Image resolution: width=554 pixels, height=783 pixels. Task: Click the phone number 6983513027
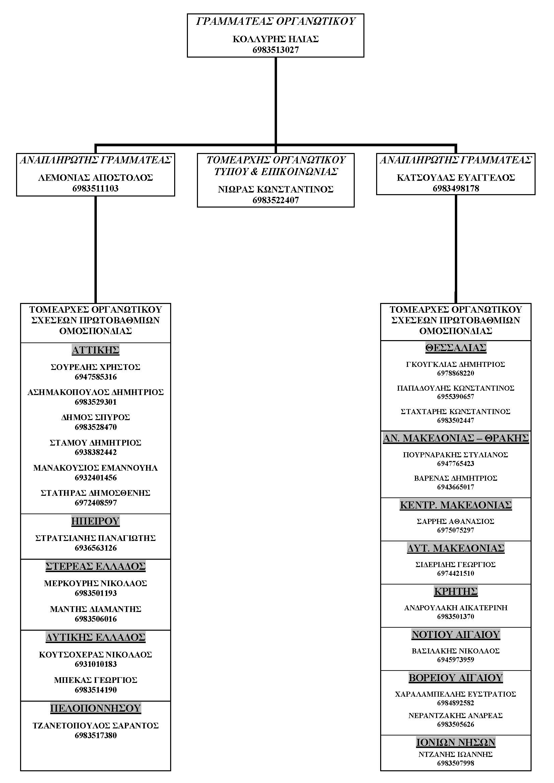click(276, 50)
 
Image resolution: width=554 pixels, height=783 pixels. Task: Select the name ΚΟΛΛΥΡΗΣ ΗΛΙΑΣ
click(276, 39)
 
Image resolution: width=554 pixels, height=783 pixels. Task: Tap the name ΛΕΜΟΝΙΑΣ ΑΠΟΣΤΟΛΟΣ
click(95, 178)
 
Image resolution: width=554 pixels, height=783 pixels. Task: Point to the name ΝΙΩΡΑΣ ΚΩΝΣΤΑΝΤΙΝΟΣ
click(276, 189)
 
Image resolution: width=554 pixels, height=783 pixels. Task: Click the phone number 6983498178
click(456, 188)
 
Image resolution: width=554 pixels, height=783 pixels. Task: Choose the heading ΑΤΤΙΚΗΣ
click(95, 350)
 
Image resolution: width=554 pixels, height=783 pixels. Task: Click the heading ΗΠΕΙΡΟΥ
click(95, 521)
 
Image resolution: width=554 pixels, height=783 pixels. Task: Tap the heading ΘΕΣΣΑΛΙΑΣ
click(456, 348)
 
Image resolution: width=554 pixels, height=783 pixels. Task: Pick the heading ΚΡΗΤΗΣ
click(456, 591)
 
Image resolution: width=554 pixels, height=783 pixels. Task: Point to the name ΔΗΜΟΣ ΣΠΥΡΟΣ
click(95, 417)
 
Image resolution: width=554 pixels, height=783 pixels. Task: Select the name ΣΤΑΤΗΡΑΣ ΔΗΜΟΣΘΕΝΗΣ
click(95, 493)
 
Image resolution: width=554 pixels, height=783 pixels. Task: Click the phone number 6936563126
click(95, 548)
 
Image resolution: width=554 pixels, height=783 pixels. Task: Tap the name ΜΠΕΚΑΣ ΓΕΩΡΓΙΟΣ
click(95, 680)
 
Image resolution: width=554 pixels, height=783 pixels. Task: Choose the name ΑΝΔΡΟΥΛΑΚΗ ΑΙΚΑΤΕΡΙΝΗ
click(456, 608)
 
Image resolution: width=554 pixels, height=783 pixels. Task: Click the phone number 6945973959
click(456, 659)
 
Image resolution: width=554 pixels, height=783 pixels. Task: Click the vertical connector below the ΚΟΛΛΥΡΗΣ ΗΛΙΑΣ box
click(276, 101)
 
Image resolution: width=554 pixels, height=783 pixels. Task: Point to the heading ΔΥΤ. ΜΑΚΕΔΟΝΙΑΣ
click(456, 548)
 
